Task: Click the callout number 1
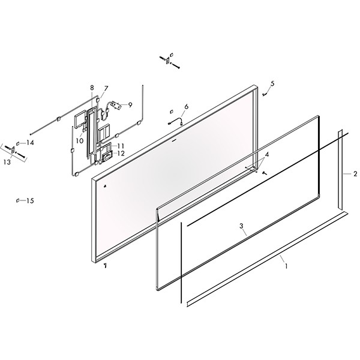pyautogui.click(x=286, y=266)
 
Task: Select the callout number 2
pyautogui.click(x=355, y=174)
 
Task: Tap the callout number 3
pyautogui.click(x=241, y=226)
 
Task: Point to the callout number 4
pyautogui.click(x=267, y=155)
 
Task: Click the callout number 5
pyautogui.click(x=272, y=83)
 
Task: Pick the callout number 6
pyautogui.click(x=186, y=107)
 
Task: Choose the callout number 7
pyautogui.click(x=106, y=88)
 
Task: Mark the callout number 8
pyautogui.click(x=92, y=88)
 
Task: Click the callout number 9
pyautogui.click(x=130, y=105)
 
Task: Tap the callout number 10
pyautogui.click(x=79, y=141)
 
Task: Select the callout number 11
pyautogui.click(x=121, y=146)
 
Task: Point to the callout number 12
pyautogui.click(x=121, y=154)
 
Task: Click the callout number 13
pyautogui.click(x=7, y=162)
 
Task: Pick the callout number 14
pyautogui.click(x=30, y=143)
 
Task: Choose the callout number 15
pyautogui.click(x=30, y=201)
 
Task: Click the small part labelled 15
pyautogui.click(x=17, y=200)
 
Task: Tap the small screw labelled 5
pyautogui.click(x=264, y=94)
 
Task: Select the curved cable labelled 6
pyautogui.click(x=176, y=121)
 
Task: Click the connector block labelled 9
pyautogui.click(x=115, y=105)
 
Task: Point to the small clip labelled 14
pyautogui.click(x=17, y=144)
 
